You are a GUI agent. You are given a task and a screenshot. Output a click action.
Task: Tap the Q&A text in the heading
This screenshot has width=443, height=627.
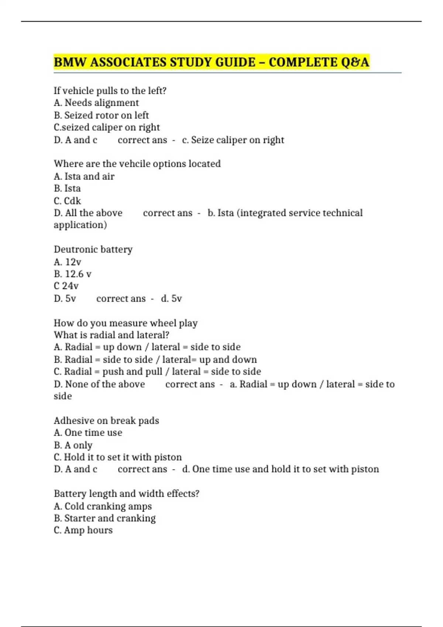[x=355, y=62]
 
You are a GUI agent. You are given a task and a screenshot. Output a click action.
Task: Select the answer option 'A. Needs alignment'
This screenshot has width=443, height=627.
[x=96, y=103]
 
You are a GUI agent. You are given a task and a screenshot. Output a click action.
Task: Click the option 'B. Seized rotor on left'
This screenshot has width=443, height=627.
[x=101, y=115]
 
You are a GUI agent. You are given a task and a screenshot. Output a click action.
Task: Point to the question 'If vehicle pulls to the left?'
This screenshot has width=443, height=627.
[x=110, y=90]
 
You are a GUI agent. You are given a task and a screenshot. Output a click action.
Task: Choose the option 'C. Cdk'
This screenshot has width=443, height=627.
[x=67, y=201]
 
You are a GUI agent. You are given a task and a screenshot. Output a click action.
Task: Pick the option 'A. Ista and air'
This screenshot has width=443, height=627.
[x=84, y=176]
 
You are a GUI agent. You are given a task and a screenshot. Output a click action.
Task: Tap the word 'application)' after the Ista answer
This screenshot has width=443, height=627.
[x=80, y=225]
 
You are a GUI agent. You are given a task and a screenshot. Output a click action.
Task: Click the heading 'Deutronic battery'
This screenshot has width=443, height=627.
[x=93, y=249]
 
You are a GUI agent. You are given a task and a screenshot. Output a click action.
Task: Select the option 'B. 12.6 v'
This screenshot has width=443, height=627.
[x=72, y=274]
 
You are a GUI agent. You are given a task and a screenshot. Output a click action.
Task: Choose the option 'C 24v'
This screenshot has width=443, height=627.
[x=66, y=286]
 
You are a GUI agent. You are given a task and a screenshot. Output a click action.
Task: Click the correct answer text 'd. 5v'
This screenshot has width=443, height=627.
[x=171, y=298]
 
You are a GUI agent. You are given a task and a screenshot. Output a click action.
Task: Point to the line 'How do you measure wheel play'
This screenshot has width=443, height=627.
[x=126, y=323]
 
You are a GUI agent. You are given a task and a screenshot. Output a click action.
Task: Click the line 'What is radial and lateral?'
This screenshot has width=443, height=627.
[x=111, y=335]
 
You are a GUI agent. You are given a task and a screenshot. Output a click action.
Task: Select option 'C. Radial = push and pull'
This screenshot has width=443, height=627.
[x=108, y=371]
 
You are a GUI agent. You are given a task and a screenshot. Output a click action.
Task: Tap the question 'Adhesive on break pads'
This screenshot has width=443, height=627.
[x=106, y=420]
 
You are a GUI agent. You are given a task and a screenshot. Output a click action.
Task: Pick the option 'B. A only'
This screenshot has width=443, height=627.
[x=73, y=445]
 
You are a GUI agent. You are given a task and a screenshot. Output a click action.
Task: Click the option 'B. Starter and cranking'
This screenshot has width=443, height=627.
[x=104, y=518]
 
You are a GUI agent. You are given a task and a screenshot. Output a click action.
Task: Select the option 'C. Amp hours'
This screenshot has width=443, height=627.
[x=83, y=530]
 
